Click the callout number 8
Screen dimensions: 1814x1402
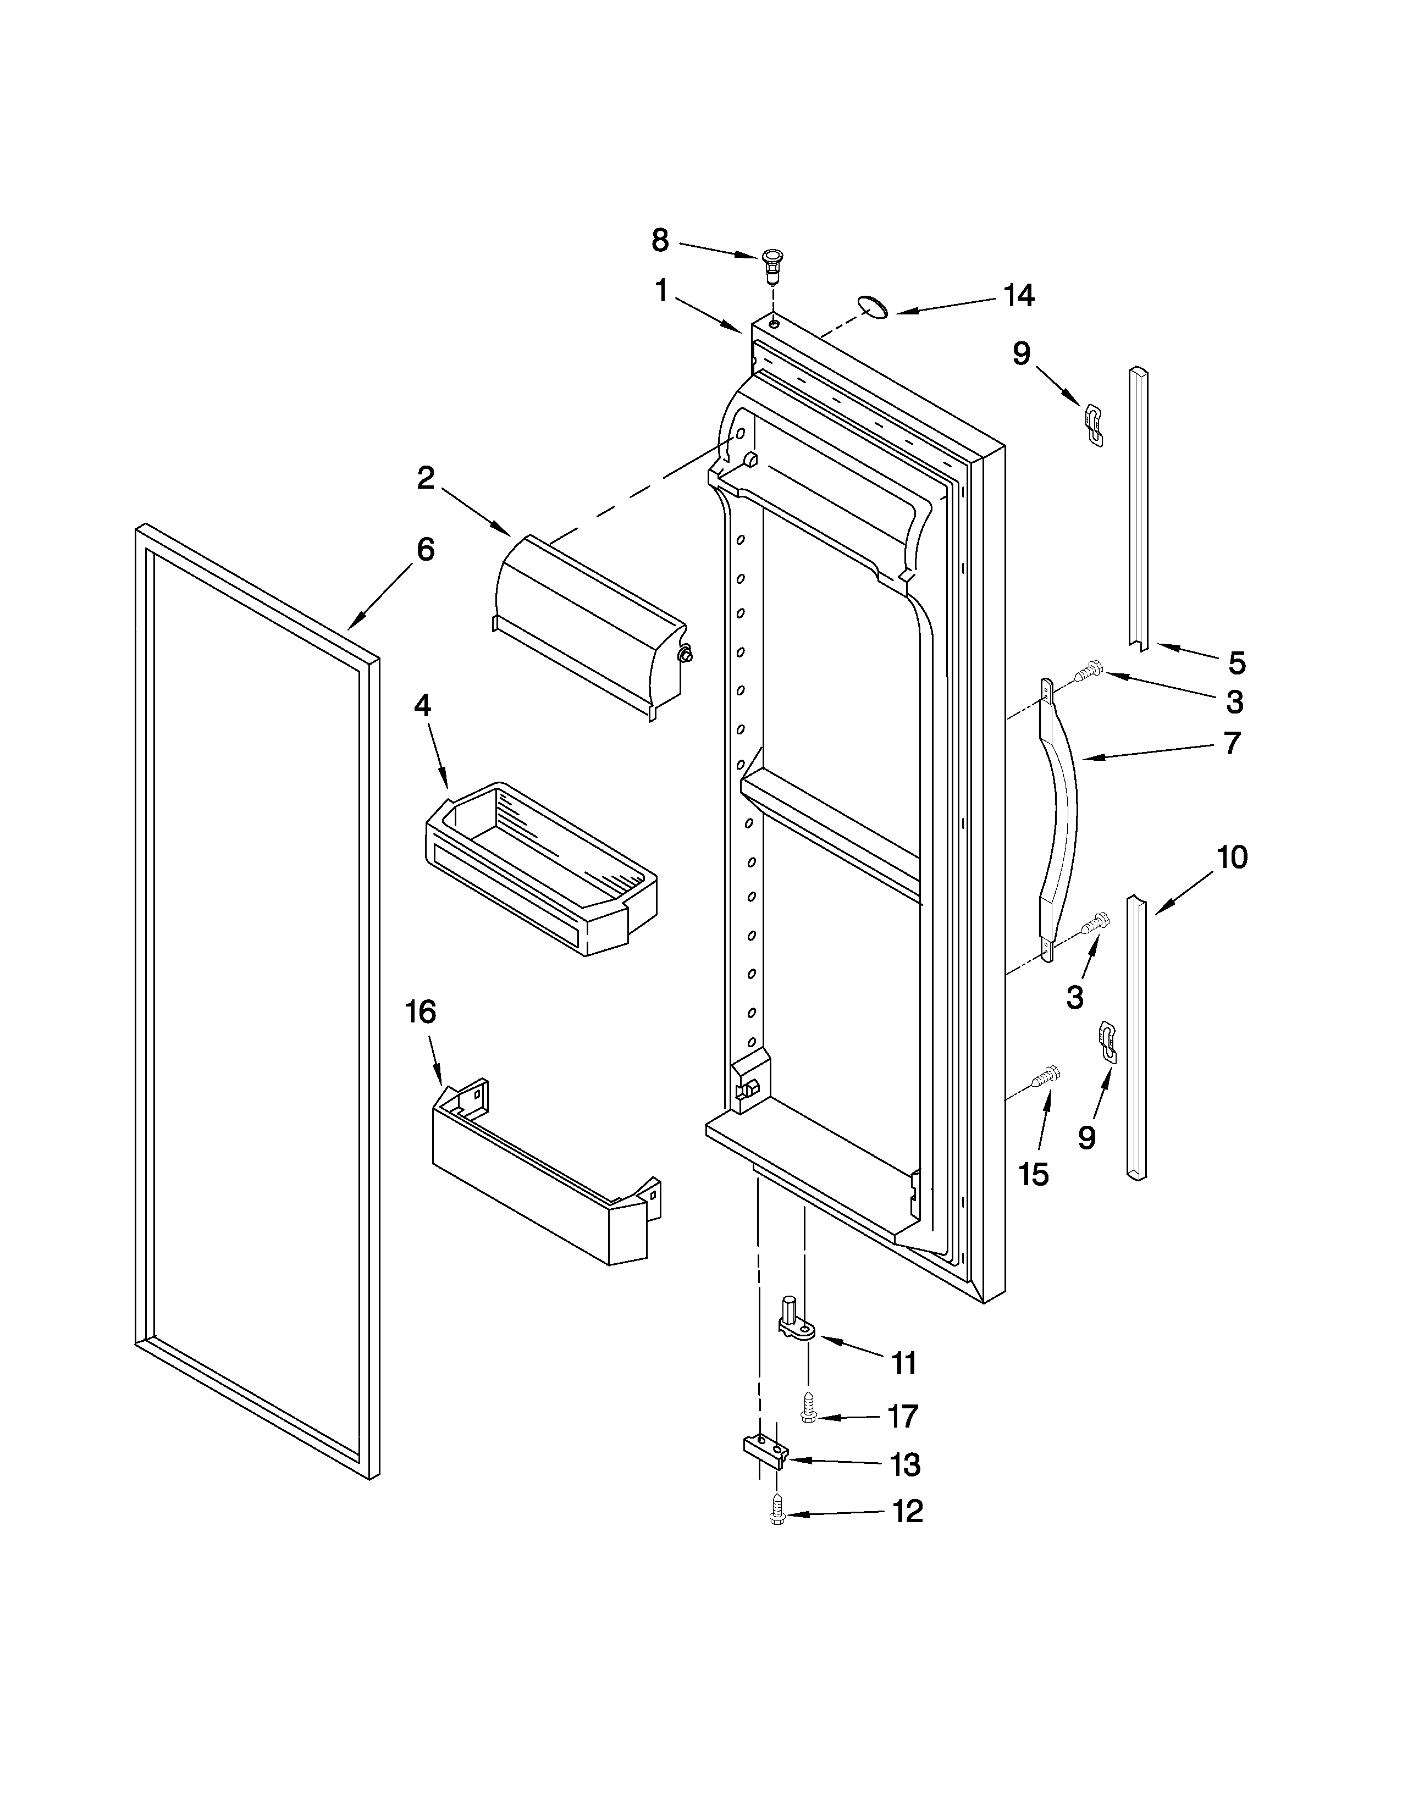point(659,241)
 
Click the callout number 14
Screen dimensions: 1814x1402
point(1018,296)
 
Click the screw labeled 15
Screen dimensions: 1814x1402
point(1043,1077)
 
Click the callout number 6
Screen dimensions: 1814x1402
point(425,550)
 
